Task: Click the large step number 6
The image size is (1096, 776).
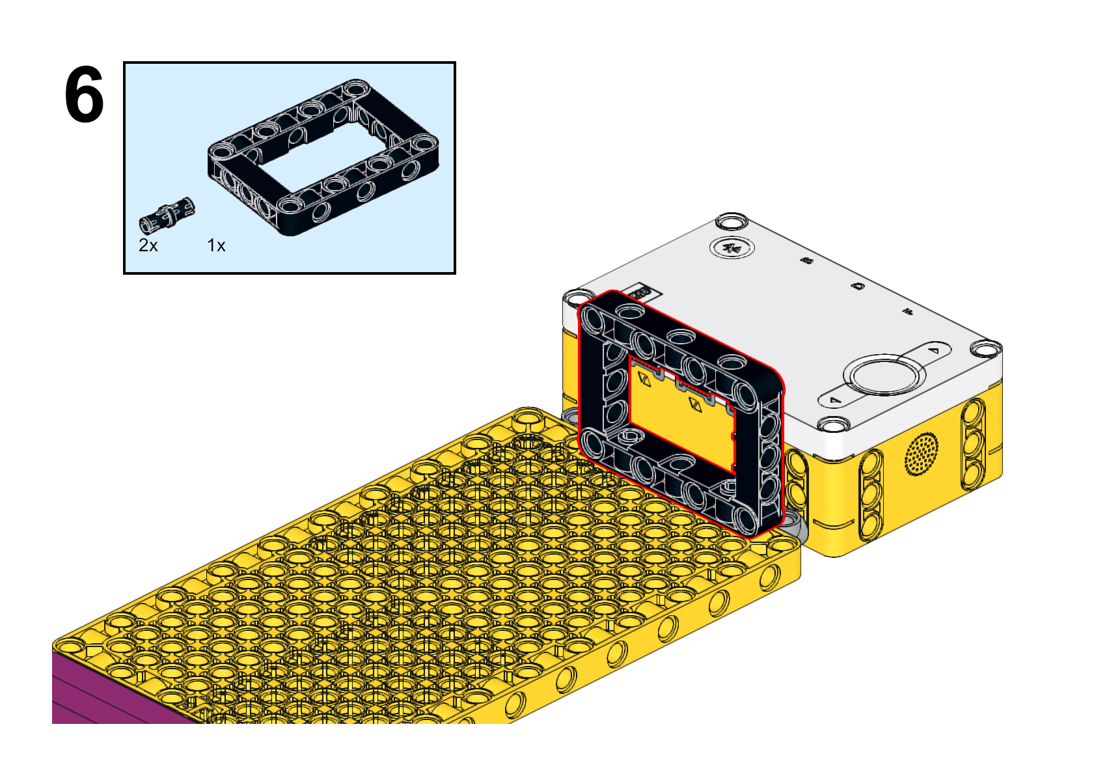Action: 84,94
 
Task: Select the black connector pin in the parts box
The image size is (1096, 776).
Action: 167,215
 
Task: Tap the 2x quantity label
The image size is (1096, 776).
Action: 148,245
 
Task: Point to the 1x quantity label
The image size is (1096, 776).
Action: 216,245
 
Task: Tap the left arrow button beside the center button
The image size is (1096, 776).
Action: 836,400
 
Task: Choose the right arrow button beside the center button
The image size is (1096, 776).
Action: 933,351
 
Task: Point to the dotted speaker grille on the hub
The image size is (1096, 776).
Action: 922,454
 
